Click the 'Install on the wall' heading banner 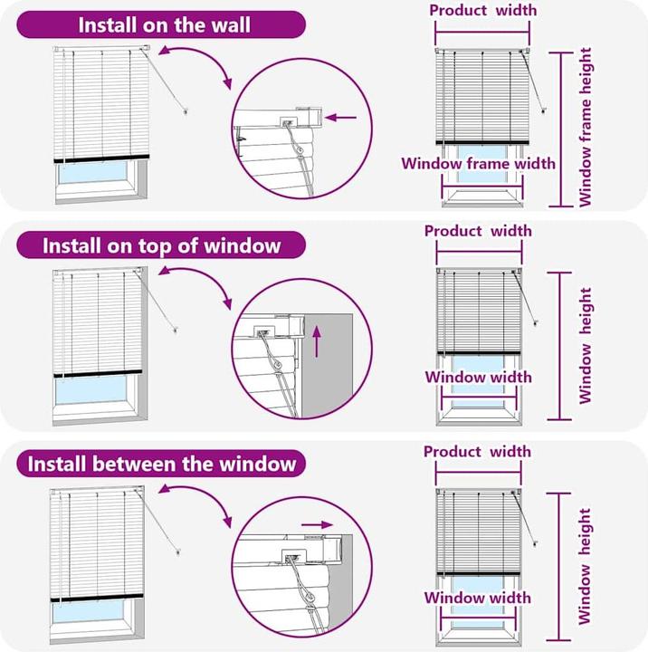(x=161, y=25)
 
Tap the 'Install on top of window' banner (x=161, y=245)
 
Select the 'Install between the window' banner (x=161, y=464)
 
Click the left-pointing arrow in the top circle (x=340, y=118)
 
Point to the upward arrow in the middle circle (x=317, y=341)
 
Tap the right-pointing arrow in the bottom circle (x=317, y=524)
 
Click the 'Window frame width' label (x=479, y=163)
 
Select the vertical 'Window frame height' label (x=586, y=128)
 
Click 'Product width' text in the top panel (x=482, y=10)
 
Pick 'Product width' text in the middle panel (x=478, y=231)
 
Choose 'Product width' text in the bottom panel (x=477, y=452)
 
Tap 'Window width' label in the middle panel (x=479, y=377)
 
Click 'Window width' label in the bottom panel (x=478, y=598)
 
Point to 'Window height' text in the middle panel (x=586, y=346)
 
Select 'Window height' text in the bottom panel (x=585, y=566)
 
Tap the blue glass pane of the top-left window (x=92, y=173)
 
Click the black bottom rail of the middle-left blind (x=98, y=373)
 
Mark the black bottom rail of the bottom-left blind (x=97, y=598)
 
